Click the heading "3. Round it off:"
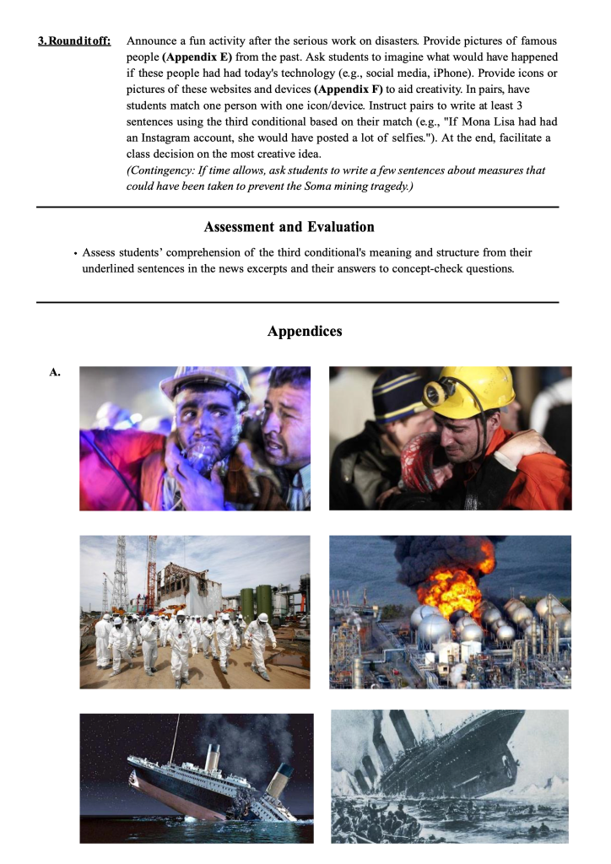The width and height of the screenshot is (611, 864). (x=74, y=40)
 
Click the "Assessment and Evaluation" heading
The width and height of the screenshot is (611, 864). (x=289, y=227)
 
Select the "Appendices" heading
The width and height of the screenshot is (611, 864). (x=305, y=332)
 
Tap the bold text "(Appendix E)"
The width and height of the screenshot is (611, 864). (x=197, y=57)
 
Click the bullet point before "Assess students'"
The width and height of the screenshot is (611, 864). (x=75, y=253)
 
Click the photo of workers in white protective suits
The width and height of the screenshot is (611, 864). (x=194, y=611)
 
